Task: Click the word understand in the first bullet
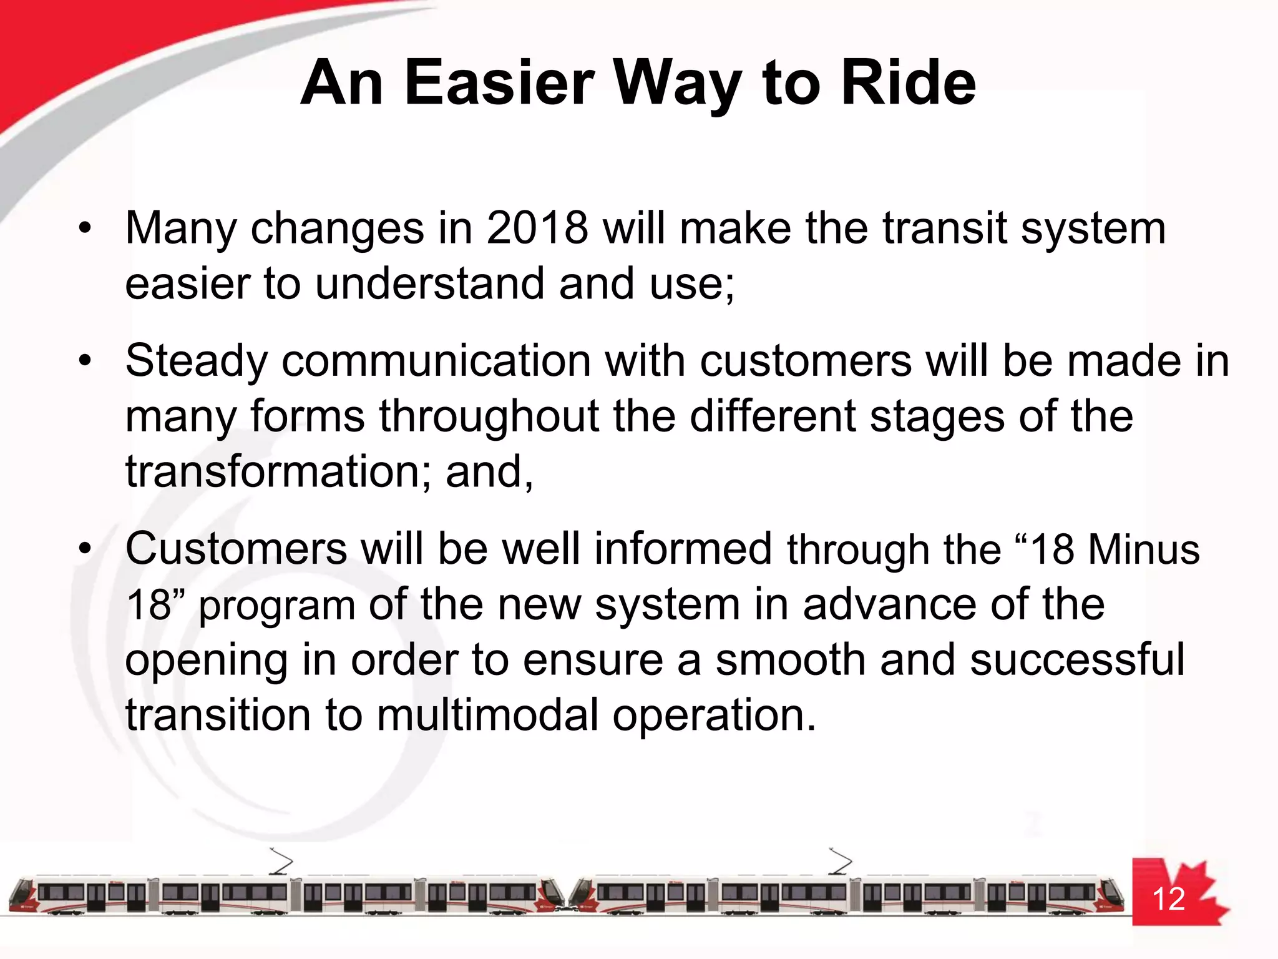(x=429, y=283)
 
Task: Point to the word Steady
(x=196, y=361)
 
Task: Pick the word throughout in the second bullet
(x=489, y=416)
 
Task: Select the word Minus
(x=1143, y=550)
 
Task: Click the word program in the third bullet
(x=276, y=606)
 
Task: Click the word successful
(x=1077, y=660)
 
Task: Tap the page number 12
(x=1168, y=899)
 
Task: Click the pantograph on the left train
(x=281, y=862)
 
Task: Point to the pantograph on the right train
(x=840, y=862)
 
